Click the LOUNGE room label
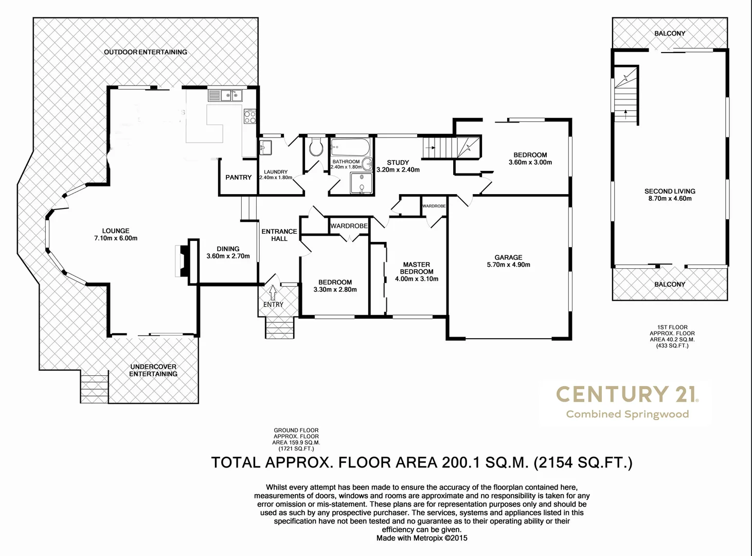(x=116, y=231)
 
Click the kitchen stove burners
(x=249, y=117)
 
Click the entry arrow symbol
(x=273, y=292)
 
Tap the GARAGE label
(x=508, y=257)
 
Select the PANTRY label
(x=239, y=177)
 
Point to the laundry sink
(x=265, y=147)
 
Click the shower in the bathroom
(x=362, y=183)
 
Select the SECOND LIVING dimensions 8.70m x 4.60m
(x=670, y=199)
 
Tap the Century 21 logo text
(x=627, y=394)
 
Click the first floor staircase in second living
(x=626, y=98)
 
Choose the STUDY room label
(x=398, y=162)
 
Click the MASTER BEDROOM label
(x=417, y=268)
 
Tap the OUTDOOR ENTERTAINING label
(x=146, y=52)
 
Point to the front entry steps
(x=279, y=327)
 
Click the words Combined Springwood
(x=627, y=414)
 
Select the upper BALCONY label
(x=670, y=33)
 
